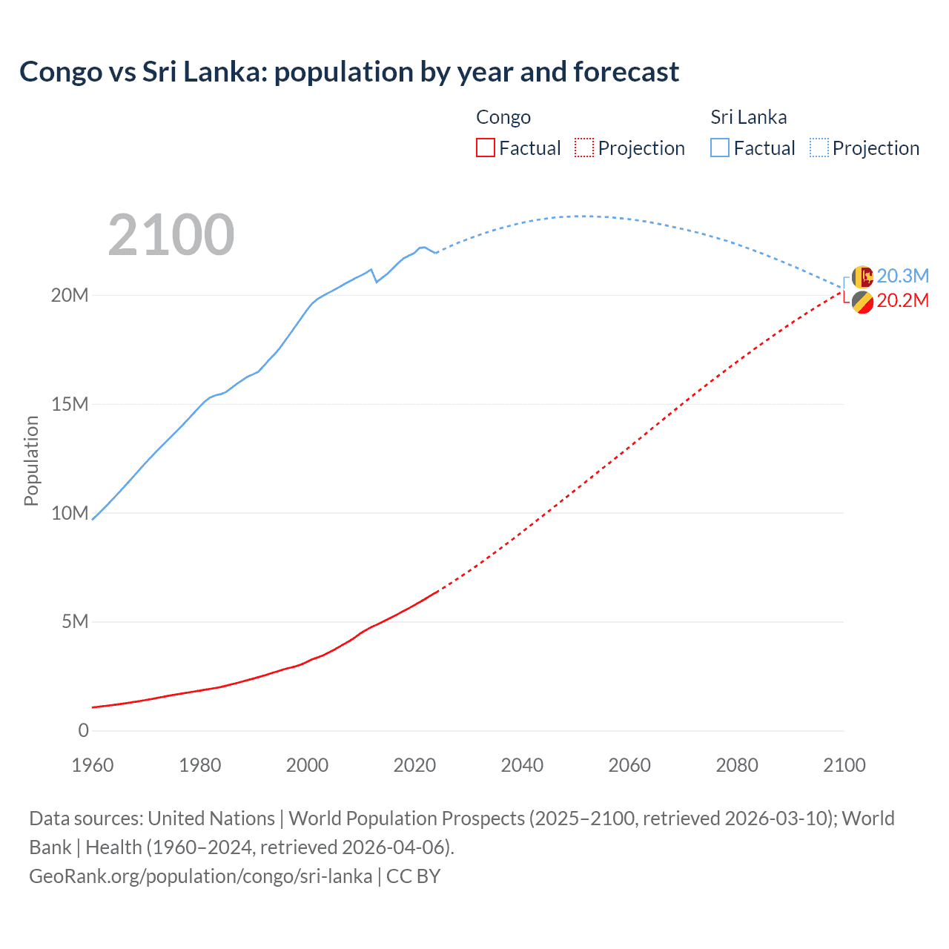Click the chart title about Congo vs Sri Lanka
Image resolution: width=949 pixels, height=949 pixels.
(x=348, y=72)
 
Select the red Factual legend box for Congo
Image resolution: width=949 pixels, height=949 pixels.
(x=485, y=148)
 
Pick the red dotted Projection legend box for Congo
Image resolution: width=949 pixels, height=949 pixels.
(x=584, y=148)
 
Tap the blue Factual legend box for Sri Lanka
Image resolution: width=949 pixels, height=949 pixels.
(x=720, y=148)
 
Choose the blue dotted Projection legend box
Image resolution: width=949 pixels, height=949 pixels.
(x=819, y=148)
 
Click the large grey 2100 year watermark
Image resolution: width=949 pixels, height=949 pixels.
(x=171, y=235)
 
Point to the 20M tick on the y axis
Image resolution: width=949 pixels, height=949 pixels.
(x=70, y=295)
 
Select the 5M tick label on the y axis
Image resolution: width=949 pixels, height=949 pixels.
(x=75, y=621)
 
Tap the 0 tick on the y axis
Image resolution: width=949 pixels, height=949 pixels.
(x=83, y=730)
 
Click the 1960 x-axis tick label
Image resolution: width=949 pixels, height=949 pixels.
(x=93, y=765)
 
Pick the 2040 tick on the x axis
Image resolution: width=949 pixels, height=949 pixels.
(x=522, y=765)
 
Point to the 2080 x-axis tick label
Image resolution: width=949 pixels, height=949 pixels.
(x=737, y=765)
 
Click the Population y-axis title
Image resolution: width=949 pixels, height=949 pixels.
(x=31, y=460)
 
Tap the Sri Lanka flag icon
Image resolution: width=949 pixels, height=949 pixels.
(x=862, y=277)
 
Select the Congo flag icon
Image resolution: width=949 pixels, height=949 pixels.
(x=862, y=302)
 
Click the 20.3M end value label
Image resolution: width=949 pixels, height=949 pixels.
(x=902, y=276)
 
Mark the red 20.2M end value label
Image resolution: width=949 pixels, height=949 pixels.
(x=902, y=300)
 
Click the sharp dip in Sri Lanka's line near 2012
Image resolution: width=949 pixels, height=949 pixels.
(x=376, y=282)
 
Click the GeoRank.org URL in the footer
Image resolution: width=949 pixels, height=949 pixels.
(x=200, y=876)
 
